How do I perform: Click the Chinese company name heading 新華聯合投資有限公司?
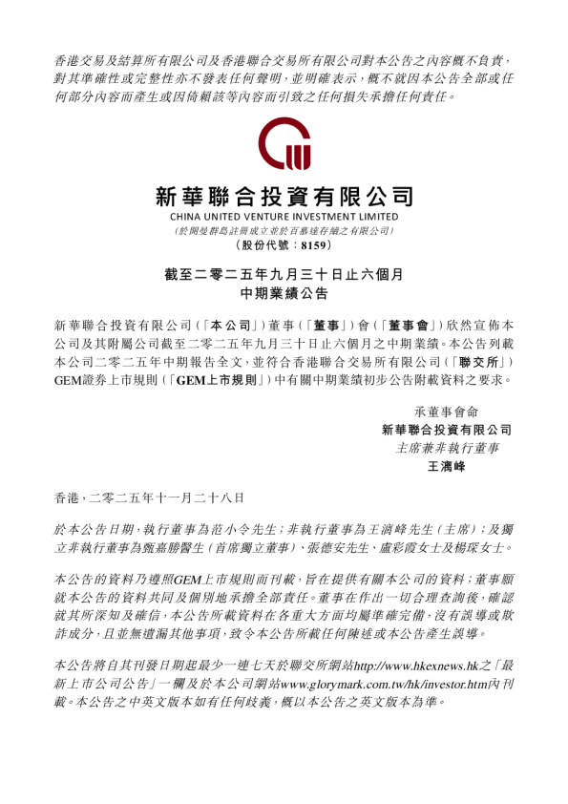coord(284,198)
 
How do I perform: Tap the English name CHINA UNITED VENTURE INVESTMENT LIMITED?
coord(284,219)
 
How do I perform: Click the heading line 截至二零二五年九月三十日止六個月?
coord(284,274)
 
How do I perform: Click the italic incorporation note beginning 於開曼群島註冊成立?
coord(284,231)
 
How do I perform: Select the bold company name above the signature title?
coord(446,430)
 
